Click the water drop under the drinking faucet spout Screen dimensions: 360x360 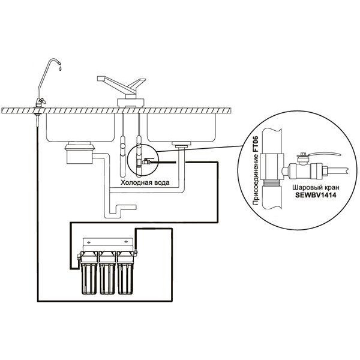click(x=60, y=68)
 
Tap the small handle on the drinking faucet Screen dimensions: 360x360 click(x=43, y=100)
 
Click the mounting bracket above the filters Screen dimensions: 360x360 click(x=107, y=244)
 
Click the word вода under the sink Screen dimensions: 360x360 click(x=162, y=183)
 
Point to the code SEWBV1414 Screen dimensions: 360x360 click(x=316, y=195)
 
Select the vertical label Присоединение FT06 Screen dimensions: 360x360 click(x=256, y=170)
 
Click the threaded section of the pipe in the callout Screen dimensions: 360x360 click(x=272, y=183)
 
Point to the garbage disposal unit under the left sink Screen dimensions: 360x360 click(x=79, y=152)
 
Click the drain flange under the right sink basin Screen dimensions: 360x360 click(x=181, y=144)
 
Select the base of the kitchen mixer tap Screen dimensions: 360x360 click(x=131, y=103)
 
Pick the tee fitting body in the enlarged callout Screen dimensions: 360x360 click(x=272, y=166)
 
